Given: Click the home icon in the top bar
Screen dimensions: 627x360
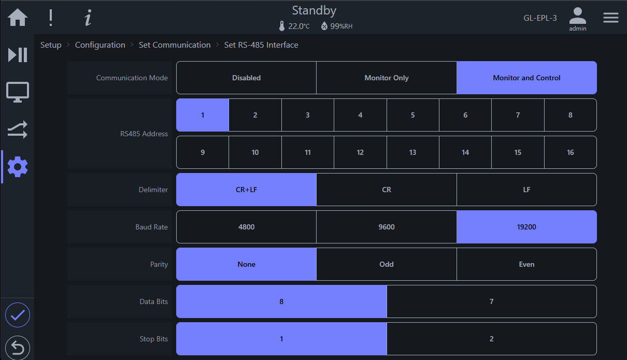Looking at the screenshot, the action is pos(18,17).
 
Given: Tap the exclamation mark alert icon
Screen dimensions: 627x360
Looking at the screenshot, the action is pos(51,18).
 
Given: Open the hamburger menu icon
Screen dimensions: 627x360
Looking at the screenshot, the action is pos(611,18).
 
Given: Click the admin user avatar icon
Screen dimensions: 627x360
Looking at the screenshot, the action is pos(577,16).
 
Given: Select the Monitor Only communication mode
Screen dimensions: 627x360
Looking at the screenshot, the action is pos(386,78).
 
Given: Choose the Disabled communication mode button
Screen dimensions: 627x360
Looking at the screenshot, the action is pos(246,78).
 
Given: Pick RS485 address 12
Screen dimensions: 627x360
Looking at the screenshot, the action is pos(360,152).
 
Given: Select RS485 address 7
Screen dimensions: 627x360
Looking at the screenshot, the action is pos(518,115).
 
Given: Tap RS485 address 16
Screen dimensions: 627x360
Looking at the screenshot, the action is pos(571,152).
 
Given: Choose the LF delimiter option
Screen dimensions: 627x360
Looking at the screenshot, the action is pos(526,190).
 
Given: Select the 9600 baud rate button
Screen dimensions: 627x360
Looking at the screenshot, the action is pos(386,227).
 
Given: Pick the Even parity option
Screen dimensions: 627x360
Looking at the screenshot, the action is pos(526,264).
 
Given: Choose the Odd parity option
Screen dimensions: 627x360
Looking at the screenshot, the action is pos(386,264).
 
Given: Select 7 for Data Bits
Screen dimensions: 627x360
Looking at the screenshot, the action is pos(492,301).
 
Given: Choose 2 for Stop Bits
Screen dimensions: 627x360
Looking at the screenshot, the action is pos(492,339).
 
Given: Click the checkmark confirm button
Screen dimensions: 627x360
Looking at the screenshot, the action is pos(18,315).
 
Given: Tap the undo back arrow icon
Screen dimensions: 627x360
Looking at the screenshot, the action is pos(18,348).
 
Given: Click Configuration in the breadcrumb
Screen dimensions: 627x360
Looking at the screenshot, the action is pos(100,45).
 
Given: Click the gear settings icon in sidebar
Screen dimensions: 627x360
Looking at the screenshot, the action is pos(18,167).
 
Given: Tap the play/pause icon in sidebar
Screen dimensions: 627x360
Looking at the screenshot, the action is pos(18,54).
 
